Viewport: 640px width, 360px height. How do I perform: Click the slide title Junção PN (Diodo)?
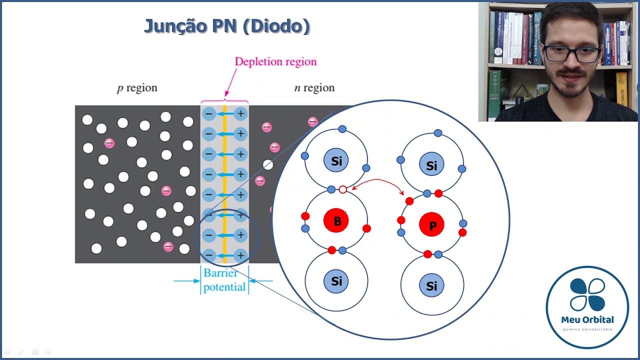point(227,26)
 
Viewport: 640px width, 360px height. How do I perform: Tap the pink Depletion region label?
point(275,62)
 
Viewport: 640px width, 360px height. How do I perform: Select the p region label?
point(137,88)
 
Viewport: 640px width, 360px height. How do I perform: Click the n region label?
point(314,88)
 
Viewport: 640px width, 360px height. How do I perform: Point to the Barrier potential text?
point(224,280)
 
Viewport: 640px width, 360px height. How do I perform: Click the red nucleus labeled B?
point(336,221)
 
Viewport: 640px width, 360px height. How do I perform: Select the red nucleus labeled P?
point(432,225)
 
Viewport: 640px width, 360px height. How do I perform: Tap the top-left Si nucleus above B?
point(336,161)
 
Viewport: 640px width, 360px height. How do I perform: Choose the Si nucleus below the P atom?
point(431,285)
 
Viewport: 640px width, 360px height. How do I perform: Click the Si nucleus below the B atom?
point(336,281)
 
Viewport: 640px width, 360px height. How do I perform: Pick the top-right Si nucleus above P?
point(431,165)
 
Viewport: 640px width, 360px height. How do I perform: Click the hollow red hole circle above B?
point(342,189)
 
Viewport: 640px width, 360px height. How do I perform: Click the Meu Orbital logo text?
point(587,319)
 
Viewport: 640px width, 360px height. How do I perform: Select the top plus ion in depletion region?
point(240,114)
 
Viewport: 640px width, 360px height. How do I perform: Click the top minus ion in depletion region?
point(209,114)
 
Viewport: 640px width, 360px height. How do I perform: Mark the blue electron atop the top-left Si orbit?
point(342,129)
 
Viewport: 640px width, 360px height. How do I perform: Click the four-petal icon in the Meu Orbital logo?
point(587,294)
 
